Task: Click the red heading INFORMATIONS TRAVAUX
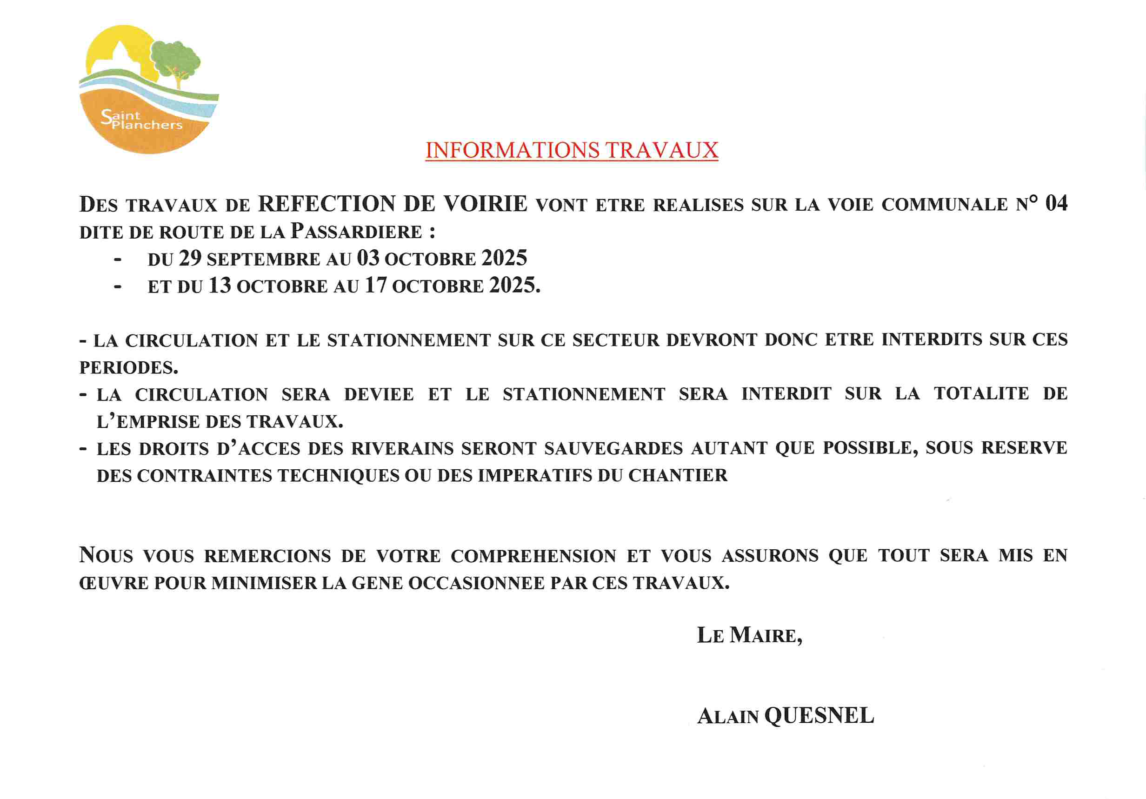click(572, 150)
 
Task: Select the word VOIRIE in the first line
click(485, 204)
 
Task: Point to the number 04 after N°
click(1056, 204)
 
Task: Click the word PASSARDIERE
click(356, 232)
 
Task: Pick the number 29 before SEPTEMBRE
click(190, 259)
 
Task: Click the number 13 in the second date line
click(220, 286)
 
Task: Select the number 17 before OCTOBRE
click(376, 286)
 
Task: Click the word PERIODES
click(128, 368)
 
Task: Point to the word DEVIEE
click(379, 394)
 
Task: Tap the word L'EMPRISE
click(148, 422)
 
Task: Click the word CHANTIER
click(677, 476)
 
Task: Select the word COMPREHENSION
click(533, 556)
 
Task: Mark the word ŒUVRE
click(114, 583)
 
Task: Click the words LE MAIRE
click(749, 635)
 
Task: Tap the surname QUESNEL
click(819, 716)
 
